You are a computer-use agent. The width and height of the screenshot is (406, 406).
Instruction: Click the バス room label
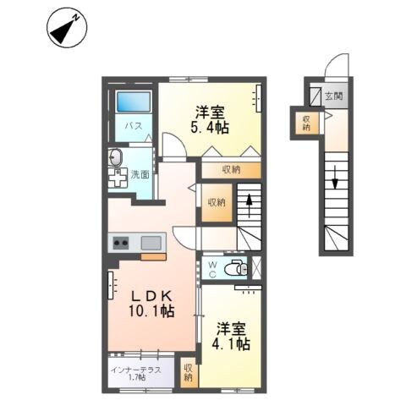(x=133, y=126)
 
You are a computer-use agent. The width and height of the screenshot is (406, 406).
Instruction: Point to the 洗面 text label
(x=140, y=174)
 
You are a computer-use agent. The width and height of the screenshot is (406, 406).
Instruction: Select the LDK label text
(x=152, y=295)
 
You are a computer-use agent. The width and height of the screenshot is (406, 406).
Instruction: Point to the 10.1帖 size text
(x=152, y=312)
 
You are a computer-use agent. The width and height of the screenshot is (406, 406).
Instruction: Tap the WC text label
(x=212, y=269)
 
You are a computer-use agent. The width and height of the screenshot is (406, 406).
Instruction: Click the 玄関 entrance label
(x=334, y=96)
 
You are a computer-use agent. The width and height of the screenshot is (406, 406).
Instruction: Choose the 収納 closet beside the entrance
(x=306, y=123)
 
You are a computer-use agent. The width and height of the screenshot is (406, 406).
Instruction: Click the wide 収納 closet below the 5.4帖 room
(x=231, y=170)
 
